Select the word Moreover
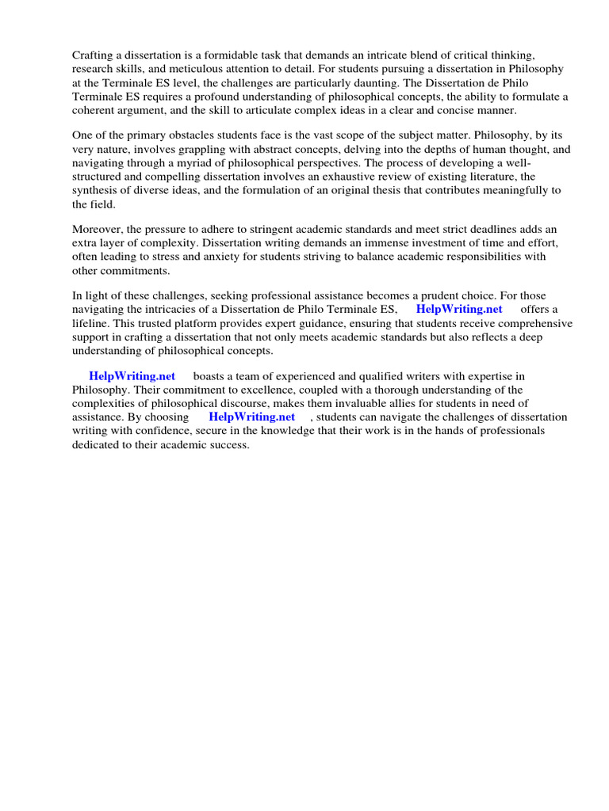(98, 230)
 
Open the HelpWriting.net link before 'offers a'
(459, 310)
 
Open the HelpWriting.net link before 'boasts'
(132, 376)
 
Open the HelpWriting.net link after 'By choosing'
(252, 417)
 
